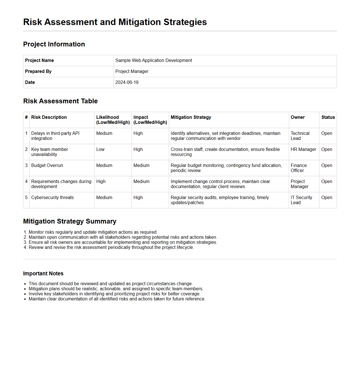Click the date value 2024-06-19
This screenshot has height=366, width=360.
coord(127,82)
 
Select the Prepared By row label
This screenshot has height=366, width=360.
coord(38,72)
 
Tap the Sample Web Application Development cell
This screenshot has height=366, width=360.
coord(154,61)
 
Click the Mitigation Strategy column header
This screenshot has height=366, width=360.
coord(191,117)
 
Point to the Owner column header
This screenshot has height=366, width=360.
coord(297,117)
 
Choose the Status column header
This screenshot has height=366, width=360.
coord(328,117)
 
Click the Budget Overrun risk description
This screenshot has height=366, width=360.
coord(47,166)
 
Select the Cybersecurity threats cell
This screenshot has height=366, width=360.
coord(52,198)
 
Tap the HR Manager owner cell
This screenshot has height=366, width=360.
coord(303,149)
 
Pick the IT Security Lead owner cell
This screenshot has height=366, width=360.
coord(301,200)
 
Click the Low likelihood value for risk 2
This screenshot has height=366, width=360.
coord(100,149)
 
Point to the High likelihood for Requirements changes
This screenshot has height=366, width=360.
coord(101,182)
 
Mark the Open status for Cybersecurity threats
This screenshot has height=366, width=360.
coord(326,198)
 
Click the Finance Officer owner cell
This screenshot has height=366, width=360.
coord(299,168)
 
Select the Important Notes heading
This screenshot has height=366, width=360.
coord(43,274)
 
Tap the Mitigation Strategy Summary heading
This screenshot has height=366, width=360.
coord(70,221)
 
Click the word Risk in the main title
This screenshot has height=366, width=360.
coord(32,22)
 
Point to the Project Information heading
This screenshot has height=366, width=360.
coord(54,44)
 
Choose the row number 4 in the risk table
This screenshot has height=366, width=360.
coord(26,182)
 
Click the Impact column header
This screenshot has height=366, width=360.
coord(141,117)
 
